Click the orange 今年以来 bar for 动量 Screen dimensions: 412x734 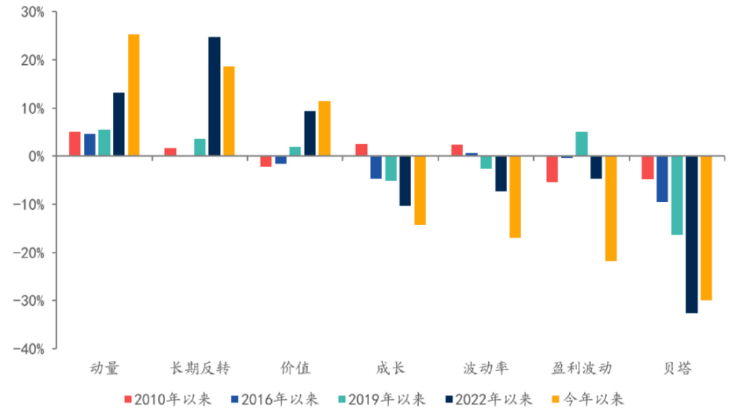(133, 95)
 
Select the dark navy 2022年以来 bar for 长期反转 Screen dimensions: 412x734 (214, 96)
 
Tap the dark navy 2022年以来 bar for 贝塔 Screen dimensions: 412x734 (691, 235)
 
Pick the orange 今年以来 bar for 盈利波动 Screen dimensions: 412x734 (611, 209)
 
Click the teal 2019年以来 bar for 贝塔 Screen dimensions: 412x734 (677, 195)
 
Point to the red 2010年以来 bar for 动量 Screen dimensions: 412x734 (75, 144)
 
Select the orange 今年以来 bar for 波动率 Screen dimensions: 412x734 (515, 197)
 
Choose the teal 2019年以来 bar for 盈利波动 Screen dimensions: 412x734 (581, 144)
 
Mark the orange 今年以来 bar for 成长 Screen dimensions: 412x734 (419, 191)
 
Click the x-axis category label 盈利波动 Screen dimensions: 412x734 (581, 368)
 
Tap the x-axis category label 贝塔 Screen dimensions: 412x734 (677, 368)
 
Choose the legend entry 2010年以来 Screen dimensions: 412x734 (168, 399)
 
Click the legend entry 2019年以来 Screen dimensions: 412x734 (381, 399)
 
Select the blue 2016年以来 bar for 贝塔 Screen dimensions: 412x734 (662, 179)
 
